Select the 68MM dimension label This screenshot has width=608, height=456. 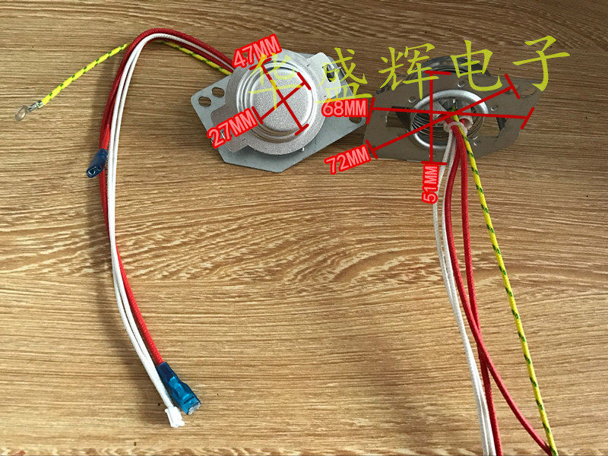click(344, 108)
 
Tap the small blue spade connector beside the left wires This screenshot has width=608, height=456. click(97, 163)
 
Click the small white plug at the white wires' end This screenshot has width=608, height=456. click(174, 416)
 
